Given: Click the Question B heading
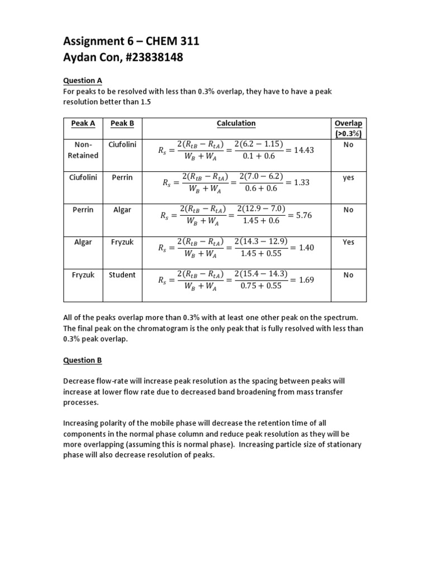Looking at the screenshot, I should pos(82,360).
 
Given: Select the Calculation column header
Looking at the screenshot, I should pos(236,123).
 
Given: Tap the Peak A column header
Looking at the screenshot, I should pos(83,123).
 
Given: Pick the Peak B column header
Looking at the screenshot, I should pos(122,123).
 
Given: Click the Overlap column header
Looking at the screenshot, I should pos(348,128).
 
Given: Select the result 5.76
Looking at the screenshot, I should pos(304,215).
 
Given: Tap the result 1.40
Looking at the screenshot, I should pos(307,247).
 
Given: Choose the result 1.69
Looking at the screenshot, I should pos(307,280).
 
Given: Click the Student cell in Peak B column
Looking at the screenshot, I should pos(122,275).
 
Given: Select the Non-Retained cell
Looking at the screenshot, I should pos(83,149).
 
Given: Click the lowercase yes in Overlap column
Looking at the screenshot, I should pos(349,178).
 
